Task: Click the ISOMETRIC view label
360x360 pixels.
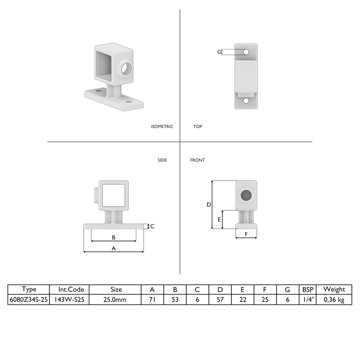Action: (162, 127)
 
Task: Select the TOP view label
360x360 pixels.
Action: (197, 127)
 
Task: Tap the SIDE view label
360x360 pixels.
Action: (162, 160)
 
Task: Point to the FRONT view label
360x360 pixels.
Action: (197, 160)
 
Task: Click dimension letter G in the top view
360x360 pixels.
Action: (219, 52)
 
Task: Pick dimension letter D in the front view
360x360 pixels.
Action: (209, 204)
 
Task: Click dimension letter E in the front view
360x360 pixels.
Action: (219, 219)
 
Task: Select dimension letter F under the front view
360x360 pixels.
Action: (246, 234)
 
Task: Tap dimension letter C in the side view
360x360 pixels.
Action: (152, 226)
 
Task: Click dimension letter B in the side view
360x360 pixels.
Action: (114, 237)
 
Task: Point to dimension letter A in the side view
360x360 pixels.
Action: (114, 248)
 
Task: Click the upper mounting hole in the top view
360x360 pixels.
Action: (246, 51)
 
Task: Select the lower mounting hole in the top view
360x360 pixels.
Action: (246, 101)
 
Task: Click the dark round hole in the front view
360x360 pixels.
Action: (246, 195)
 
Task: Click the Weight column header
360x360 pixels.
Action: (334, 289)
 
